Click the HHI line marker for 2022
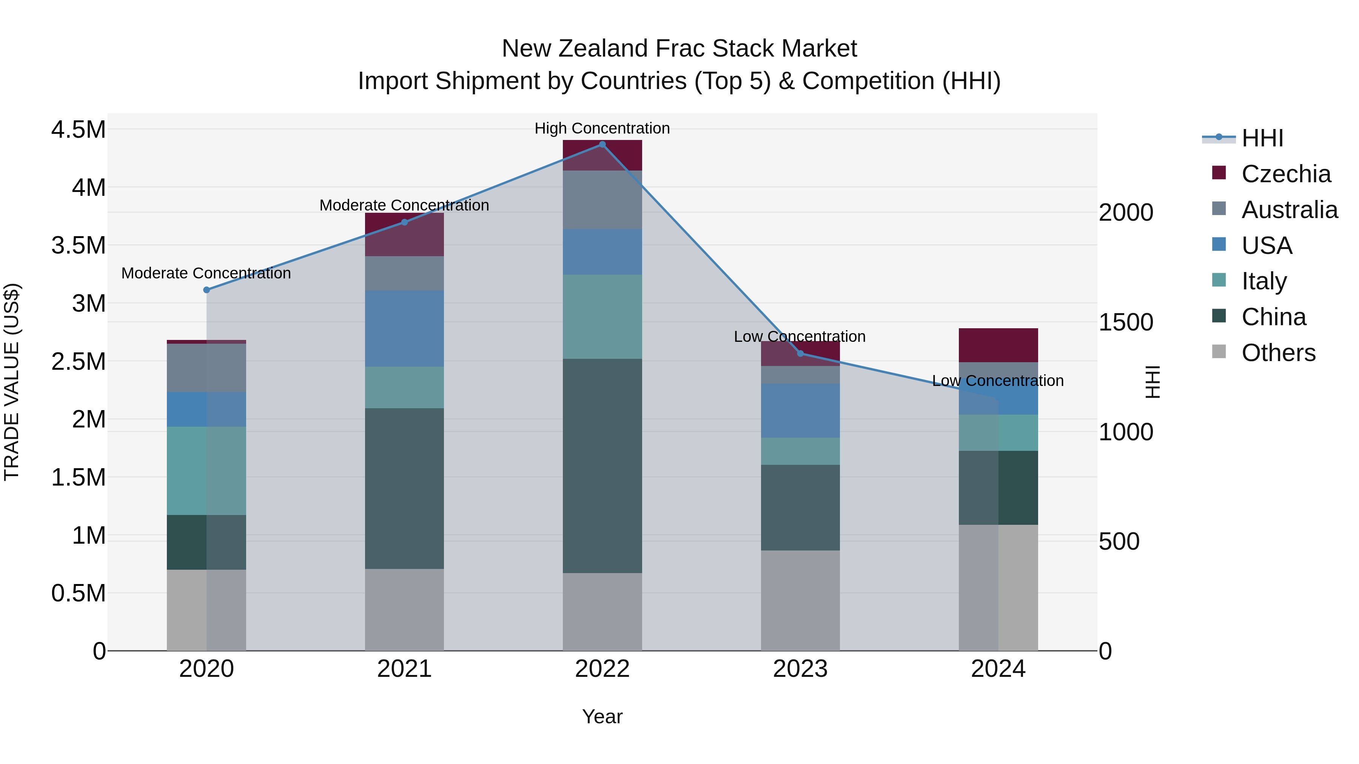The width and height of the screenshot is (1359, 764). point(602,144)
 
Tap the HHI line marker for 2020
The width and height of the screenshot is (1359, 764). point(206,290)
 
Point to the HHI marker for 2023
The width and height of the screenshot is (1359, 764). point(800,354)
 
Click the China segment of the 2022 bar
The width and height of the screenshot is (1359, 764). point(602,466)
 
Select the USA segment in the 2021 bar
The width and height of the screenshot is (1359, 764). point(404,329)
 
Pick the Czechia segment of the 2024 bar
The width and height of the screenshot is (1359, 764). point(998,345)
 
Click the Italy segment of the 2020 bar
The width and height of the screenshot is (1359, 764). point(206,470)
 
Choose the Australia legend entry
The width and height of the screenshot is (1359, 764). point(1290,210)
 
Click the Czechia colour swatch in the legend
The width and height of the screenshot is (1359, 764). point(1219,173)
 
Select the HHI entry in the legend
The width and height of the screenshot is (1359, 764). point(1262,138)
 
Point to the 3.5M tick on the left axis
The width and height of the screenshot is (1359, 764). point(78,246)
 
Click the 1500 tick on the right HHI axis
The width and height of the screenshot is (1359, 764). point(1126,323)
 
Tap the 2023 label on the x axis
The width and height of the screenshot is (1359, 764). point(800,669)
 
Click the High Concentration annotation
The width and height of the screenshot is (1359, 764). point(602,128)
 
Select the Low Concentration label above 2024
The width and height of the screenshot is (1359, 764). point(998,381)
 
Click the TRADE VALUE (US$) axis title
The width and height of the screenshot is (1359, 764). point(12,382)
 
